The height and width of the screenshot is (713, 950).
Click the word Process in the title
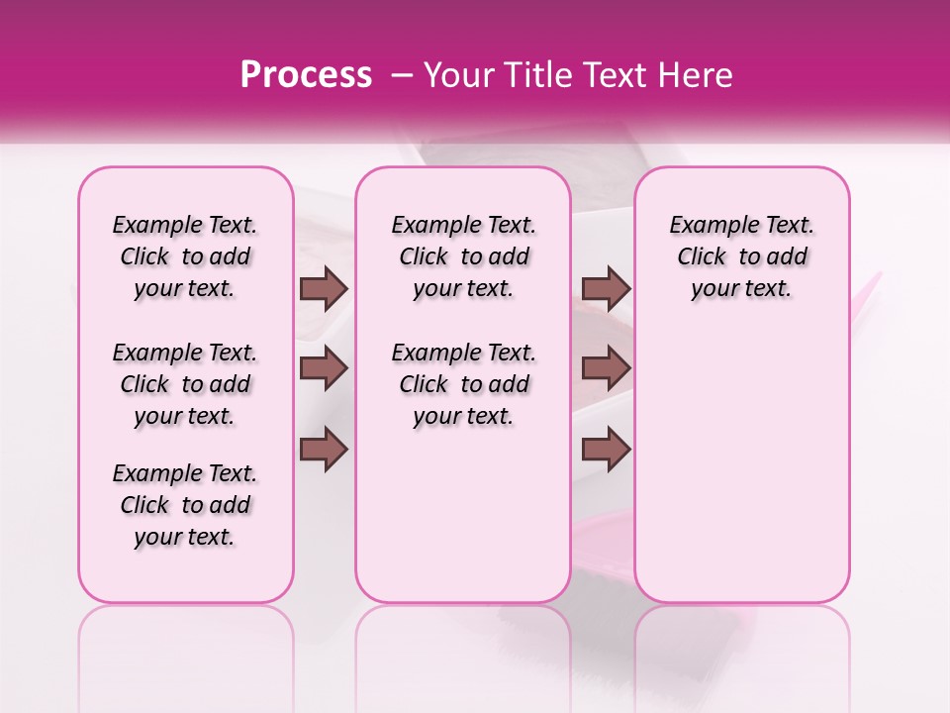click(x=306, y=75)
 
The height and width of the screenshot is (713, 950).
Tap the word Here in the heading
click(x=694, y=75)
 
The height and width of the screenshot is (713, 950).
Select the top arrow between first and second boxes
click(x=324, y=288)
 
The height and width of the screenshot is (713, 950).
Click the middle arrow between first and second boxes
click(x=324, y=368)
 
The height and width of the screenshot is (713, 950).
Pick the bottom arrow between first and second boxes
click(x=324, y=449)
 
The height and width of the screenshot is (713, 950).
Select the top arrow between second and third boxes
click(x=606, y=288)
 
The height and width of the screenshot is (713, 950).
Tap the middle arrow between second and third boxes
click(x=606, y=368)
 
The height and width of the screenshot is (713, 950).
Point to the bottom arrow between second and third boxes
click(x=606, y=449)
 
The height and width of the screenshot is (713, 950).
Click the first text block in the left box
click(x=185, y=256)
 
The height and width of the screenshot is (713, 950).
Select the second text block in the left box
click(x=185, y=384)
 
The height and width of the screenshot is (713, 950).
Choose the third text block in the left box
click(x=185, y=505)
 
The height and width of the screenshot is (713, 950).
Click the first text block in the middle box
click(x=464, y=256)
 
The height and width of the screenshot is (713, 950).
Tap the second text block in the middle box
click(x=464, y=384)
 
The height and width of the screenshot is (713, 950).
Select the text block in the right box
click(x=742, y=256)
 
